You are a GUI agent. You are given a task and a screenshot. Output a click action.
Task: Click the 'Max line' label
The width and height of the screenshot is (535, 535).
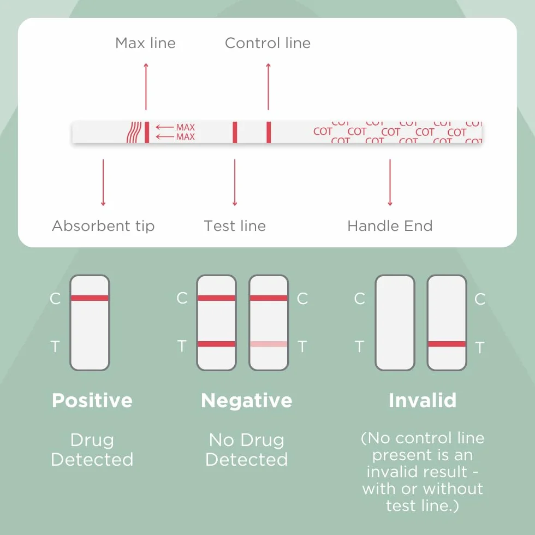coord(145,43)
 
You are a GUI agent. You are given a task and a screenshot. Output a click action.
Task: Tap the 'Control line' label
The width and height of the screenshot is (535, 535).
coord(268,43)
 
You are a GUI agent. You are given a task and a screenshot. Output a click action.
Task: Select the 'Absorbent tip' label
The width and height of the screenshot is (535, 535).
coord(103,226)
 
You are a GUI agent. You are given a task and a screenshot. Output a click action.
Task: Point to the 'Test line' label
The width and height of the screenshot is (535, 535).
coord(235,226)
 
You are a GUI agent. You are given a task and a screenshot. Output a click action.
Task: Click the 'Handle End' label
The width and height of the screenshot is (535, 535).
coord(390,226)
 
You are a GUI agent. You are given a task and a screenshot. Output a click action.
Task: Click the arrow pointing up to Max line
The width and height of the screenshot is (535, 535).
coord(146,87)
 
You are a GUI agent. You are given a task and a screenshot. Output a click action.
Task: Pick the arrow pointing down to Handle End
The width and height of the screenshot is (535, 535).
coord(390,182)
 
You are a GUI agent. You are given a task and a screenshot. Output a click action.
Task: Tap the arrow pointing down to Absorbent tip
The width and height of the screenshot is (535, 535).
coord(103,182)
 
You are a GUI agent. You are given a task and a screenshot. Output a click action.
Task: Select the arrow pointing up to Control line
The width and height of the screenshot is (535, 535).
coord(268,87)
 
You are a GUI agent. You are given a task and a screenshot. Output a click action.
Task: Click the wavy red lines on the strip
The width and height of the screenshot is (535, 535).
coord(134,132)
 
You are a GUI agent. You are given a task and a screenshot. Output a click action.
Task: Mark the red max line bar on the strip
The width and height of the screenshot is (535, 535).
coord(147,132)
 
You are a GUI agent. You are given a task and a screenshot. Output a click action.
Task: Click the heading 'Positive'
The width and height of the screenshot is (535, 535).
coord(92,401)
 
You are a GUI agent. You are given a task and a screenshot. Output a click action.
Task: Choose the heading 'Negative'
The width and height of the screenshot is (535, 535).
coord(247,401)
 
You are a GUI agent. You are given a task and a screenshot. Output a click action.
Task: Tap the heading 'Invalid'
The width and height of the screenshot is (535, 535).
coord(423,401)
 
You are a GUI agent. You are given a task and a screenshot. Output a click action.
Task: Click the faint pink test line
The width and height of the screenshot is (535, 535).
coord(269,344)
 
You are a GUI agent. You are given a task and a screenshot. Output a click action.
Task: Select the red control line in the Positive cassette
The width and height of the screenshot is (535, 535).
coord(90,298)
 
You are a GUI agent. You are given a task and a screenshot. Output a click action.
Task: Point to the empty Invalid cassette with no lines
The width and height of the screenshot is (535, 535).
coord(395,323)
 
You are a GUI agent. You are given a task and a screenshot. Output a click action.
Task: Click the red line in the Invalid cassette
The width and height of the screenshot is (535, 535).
coord(447,344)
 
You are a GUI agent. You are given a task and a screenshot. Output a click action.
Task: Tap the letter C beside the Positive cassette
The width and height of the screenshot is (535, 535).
coord(55,299)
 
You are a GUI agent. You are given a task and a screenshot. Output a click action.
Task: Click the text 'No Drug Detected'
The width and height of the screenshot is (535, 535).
coord(247,450)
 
